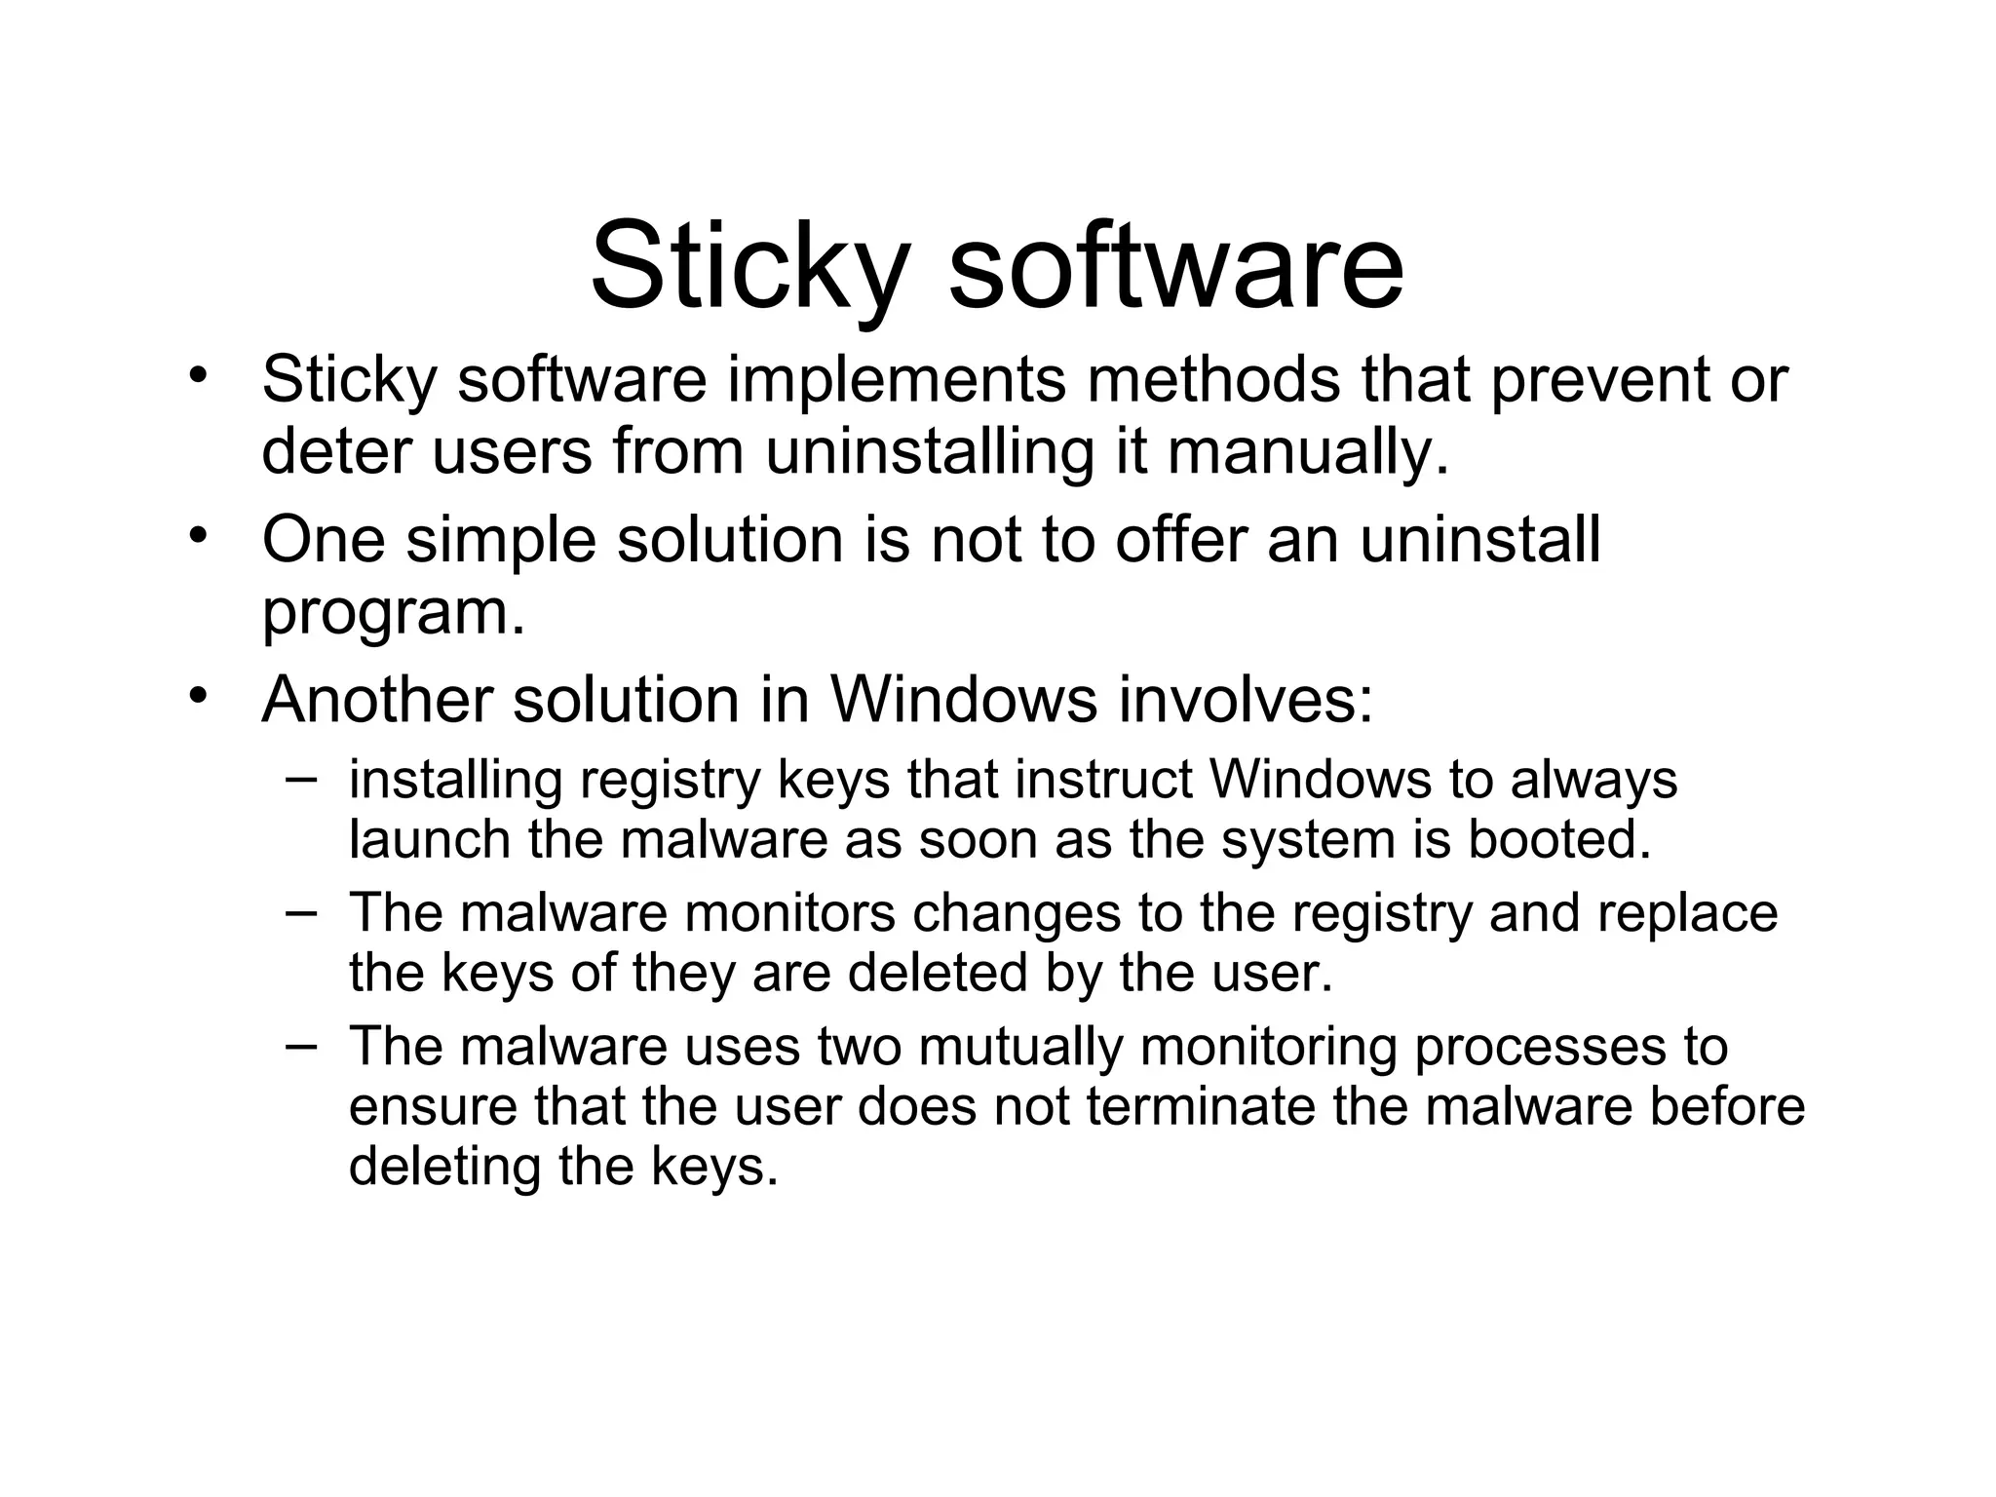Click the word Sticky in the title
click(x=750, y=265)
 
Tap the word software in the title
click(x=1175, y=265)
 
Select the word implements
click(x=896, y=379)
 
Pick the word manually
click(x=1308, y=452)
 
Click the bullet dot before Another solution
click(x=199, y=694)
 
